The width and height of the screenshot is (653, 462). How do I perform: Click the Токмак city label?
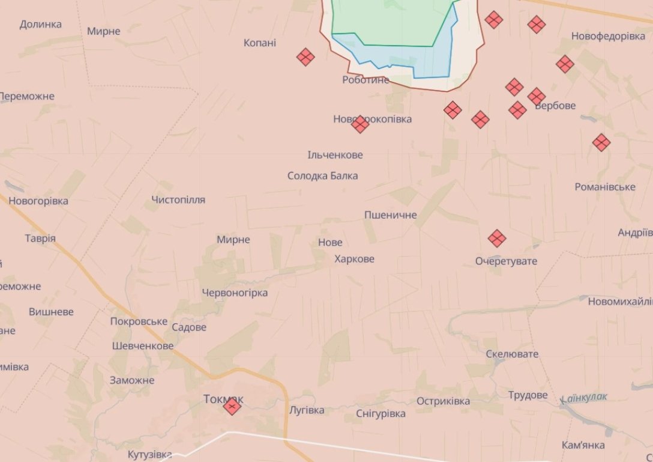223,398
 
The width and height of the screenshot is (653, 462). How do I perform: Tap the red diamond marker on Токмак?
232,407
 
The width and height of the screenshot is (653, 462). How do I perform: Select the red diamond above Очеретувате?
497,238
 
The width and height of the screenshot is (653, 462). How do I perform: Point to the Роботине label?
366,79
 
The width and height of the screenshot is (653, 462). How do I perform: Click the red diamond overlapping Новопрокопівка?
360,124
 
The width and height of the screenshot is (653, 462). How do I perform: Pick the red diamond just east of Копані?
305,57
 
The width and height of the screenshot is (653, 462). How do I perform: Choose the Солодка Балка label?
322,175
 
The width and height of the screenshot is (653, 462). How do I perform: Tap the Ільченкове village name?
335,155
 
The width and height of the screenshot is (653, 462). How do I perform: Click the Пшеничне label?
390,214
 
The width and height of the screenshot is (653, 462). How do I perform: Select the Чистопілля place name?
178,199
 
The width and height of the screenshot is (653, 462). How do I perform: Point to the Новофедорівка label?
608,36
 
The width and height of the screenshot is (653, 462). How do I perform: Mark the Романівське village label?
605,187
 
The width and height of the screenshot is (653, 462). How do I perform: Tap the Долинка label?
41,24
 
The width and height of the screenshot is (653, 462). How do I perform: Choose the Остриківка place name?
443,401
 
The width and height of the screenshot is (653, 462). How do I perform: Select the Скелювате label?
512,354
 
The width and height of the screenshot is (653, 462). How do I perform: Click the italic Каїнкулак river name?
584,397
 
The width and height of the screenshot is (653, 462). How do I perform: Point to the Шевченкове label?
143,345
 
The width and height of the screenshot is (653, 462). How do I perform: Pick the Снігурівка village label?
381,413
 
